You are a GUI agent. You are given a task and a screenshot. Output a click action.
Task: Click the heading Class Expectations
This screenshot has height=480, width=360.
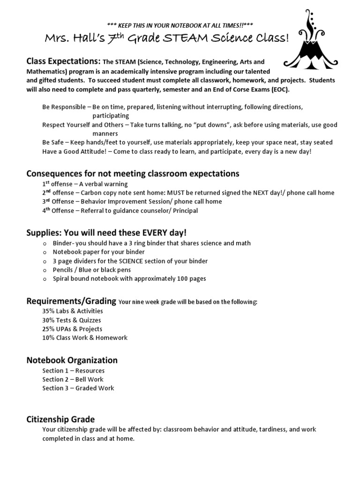[x=63, y=61]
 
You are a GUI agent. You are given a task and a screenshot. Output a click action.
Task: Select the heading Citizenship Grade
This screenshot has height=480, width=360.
[x=60, y=419]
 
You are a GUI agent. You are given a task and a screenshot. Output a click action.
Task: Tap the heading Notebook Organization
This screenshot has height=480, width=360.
[x=72, y=360]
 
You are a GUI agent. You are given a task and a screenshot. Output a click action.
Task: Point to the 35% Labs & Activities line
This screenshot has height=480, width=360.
[x=73, y=311]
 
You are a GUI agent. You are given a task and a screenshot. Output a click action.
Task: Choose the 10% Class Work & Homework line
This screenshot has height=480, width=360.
[x=85, y=337]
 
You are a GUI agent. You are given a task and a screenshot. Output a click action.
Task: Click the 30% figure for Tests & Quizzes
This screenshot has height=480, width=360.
[x=49, y=320]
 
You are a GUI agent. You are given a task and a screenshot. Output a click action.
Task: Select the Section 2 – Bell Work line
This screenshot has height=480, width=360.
[x=73, y=379]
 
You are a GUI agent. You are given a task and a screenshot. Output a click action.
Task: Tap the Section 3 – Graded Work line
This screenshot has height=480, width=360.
[x=78, y=388]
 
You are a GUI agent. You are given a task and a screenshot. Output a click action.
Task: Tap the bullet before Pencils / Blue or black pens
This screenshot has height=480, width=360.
[x=45, y=270]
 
